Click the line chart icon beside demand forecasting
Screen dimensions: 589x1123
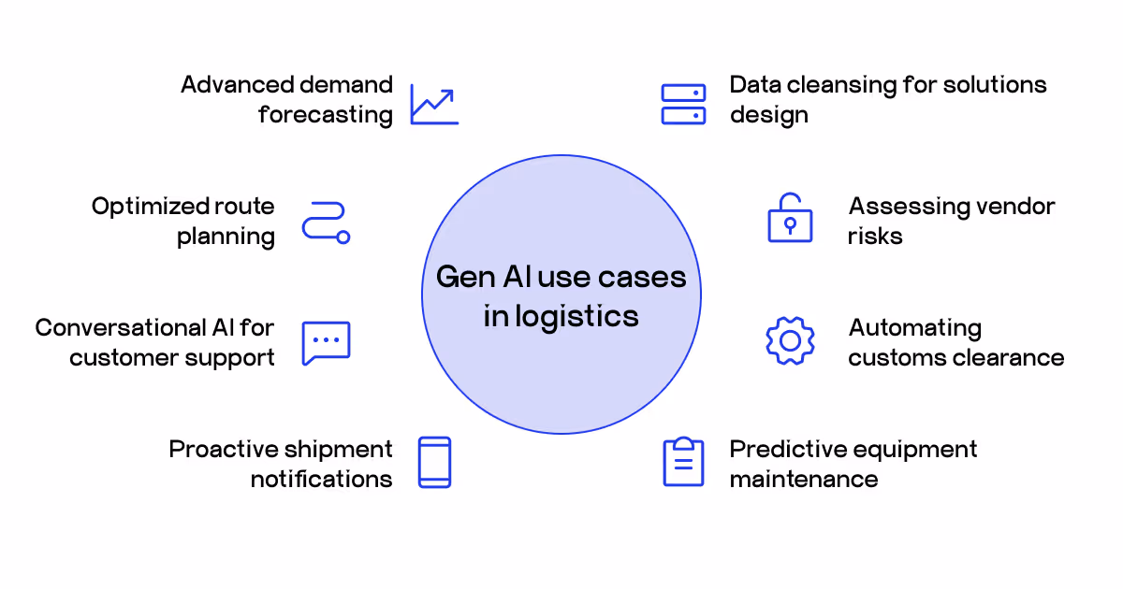(x=434, y=105)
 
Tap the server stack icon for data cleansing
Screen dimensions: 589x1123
(x=683, y=105)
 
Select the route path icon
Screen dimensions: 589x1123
(x=326, y=223)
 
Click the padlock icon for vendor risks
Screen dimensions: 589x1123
(x=790, y=219)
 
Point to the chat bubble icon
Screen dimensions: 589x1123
(x=326, y=343)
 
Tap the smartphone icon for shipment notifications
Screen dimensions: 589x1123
(x=434, y=462)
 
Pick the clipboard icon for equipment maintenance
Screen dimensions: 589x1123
(x=683, y=462)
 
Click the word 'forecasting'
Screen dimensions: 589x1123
(x=326, y=115)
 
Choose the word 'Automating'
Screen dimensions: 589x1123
(x=914, y=328)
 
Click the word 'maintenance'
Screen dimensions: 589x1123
(x=803, y=480)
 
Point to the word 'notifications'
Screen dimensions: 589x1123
(x=321, y=480)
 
